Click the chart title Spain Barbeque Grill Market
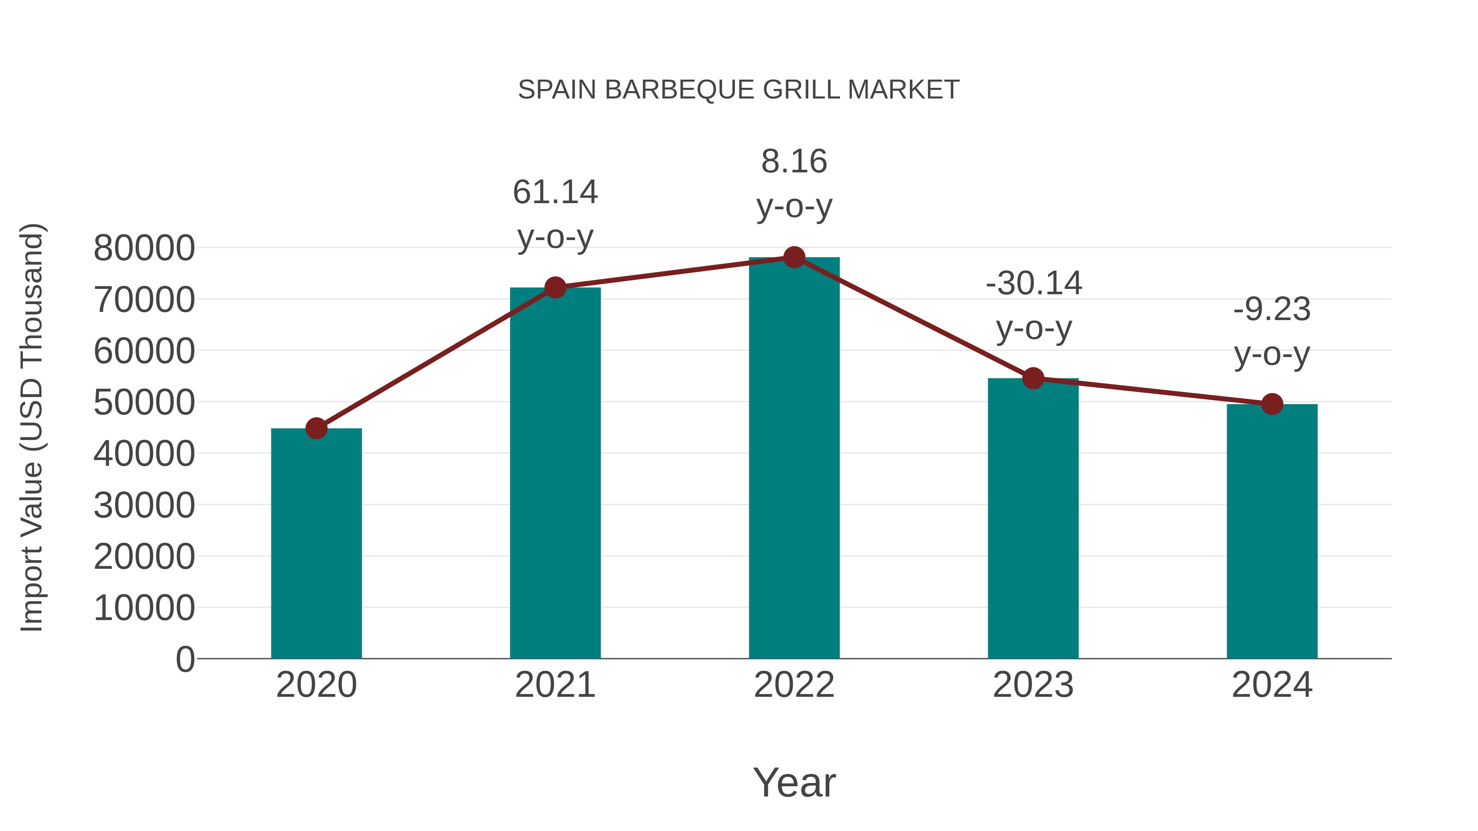click(x=739, y=89)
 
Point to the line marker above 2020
click(x=316, y=428)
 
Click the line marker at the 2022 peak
click(x=794, y=257)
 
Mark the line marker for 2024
click(x=1272, y=404)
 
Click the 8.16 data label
click(x=794, y=161)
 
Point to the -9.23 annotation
click(x=1272, y=310)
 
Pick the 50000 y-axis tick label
click(x=144, y=403)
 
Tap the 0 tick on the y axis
click(x=185, y=659)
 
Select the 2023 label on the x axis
click(x=1033, y=685)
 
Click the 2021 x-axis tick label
click(x=555, y=685)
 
